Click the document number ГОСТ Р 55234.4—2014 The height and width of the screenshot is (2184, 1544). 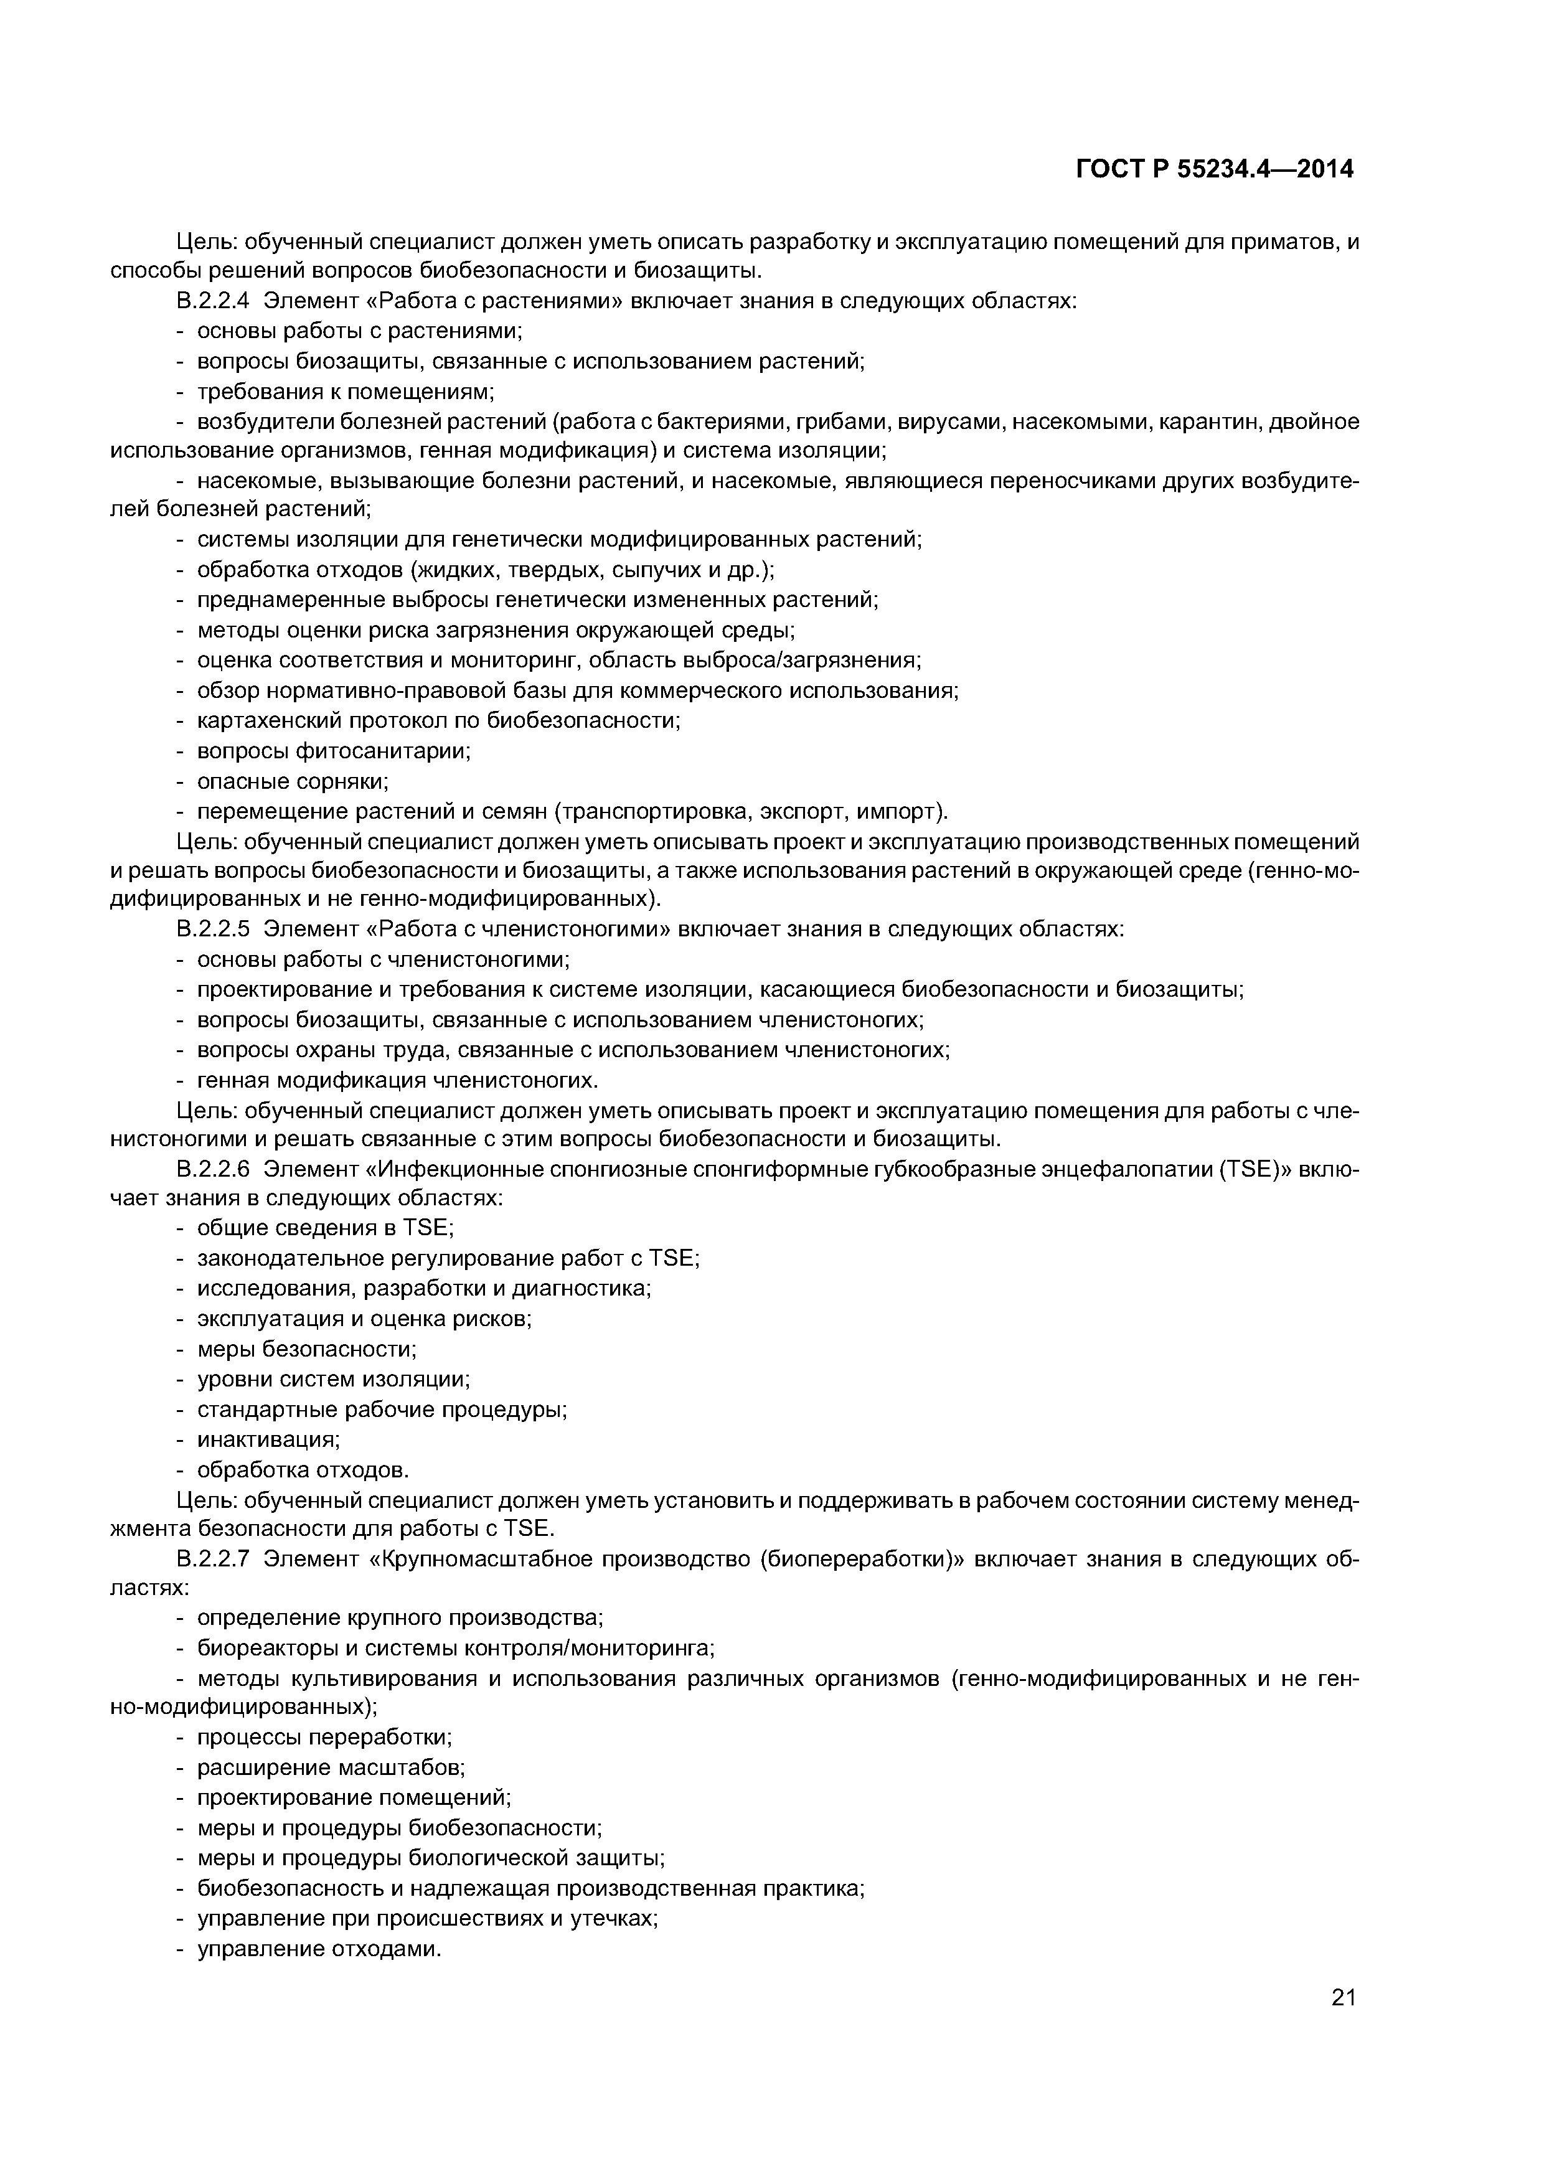tap(1214, 169)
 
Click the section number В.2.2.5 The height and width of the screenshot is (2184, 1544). tap(212, 928)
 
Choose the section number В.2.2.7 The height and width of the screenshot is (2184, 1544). tap(212, 1559)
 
